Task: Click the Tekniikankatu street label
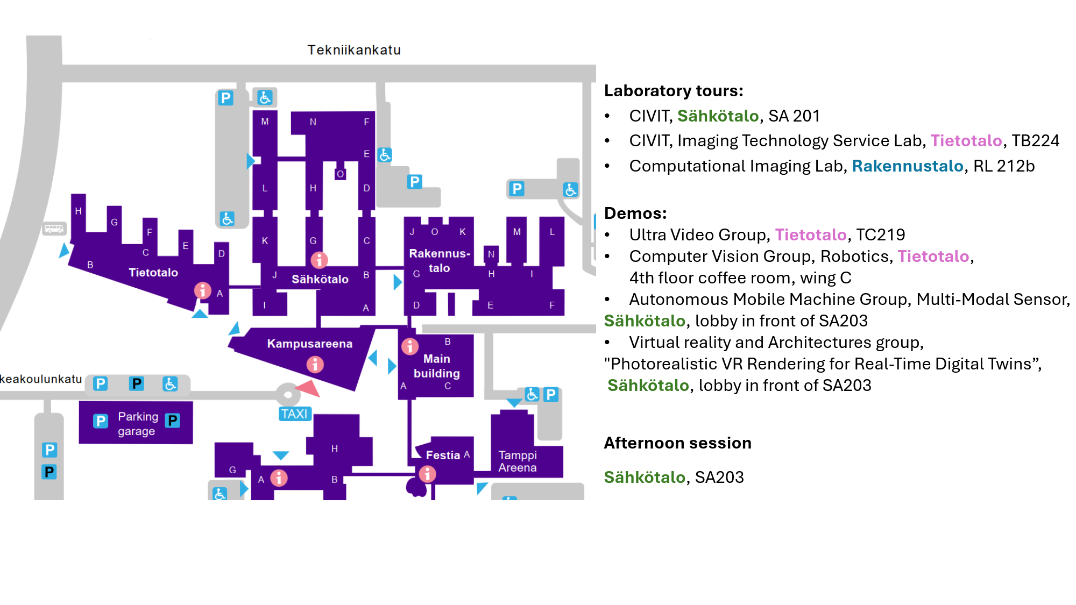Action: click(x=354, y=50)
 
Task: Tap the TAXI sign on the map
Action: click(x=294, y=414)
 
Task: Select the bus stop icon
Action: click(x=54, y=229)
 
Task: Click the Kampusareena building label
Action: click(x=309, y=344)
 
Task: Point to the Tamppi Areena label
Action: click(x=517, y=461)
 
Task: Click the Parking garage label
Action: click(x=137, y=424)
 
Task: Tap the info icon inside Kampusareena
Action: click(x=315, y=365)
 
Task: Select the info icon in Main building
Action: click(x=410, y=346)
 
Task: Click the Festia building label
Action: click(x=443, y=455)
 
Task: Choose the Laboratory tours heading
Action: click(x=674, y=90)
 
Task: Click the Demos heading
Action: click(x=635, y=213)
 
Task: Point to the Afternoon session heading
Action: click(x=677, y=443)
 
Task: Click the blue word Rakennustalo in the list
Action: click(x=907, y=166)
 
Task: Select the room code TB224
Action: click(x=1035, y=140)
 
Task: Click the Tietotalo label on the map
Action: click(x=153, y=272)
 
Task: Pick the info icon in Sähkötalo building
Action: click(x=319, y=260)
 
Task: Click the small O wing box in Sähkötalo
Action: click(x=340, y=174)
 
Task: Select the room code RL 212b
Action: click(x=1003, y=166)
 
